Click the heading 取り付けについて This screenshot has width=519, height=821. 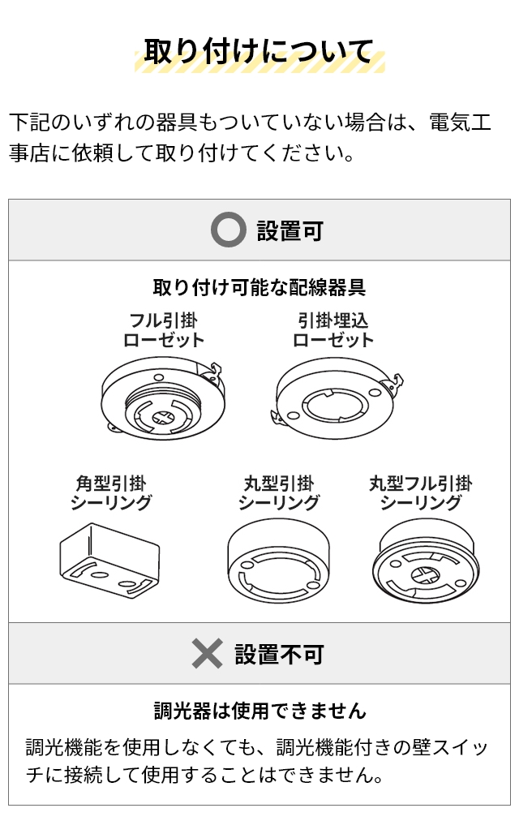[259, 52]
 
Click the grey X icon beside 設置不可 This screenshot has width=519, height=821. [207, 653]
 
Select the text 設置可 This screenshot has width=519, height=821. [290, 230]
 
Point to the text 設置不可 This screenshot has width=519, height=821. [279, 654]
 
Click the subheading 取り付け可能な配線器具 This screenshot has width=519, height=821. [259, 287]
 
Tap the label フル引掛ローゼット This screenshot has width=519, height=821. [163, 330]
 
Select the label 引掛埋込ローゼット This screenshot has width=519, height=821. [333, 330]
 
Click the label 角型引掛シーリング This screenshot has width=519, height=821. [111, 492]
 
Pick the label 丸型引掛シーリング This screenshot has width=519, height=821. [278, 492]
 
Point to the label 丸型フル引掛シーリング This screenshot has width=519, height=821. [421, 492]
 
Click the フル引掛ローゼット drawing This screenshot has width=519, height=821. [163, 398]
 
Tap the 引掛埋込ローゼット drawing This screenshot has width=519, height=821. [337, 398]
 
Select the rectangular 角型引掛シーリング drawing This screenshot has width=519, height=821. [109, 561]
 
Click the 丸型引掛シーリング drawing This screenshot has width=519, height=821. [278, 561]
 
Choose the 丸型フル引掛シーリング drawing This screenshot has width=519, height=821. [426, 563]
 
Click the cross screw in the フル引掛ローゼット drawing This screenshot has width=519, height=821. [164, 417]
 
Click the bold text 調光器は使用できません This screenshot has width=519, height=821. [260, 711]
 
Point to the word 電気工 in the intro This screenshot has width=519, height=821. [461, 122]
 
